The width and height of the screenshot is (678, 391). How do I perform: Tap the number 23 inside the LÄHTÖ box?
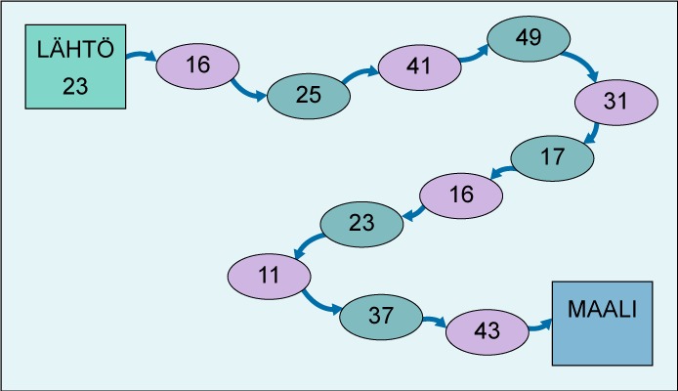pos(75,85)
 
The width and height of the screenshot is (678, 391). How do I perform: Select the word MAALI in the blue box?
pos(601,309)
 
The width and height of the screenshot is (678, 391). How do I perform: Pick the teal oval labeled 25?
pos(309,95)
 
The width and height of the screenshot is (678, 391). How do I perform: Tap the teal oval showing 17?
pos(552,156)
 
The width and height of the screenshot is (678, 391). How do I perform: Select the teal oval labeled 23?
pos(361,223)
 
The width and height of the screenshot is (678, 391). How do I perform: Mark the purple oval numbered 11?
pos(269,274)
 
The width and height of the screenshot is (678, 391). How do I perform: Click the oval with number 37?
pos(381,315)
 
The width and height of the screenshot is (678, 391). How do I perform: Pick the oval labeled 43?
pos(487,330)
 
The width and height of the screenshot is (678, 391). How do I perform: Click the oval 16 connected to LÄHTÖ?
pos(197,65)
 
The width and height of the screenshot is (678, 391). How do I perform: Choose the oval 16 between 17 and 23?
pos(461,194)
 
